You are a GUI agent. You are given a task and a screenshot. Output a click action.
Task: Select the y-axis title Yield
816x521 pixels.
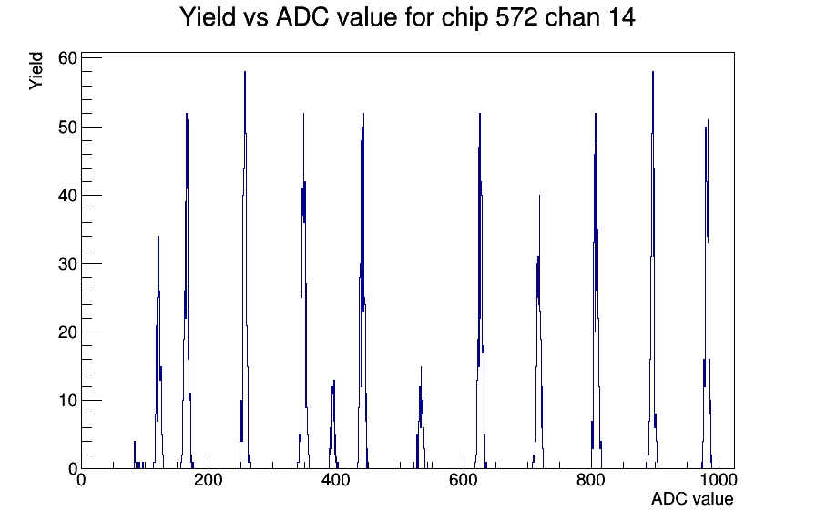pos(36,71)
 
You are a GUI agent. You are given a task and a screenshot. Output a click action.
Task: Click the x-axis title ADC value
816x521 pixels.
pos(692,498)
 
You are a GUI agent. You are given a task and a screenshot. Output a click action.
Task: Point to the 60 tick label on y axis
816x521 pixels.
pos(67,58)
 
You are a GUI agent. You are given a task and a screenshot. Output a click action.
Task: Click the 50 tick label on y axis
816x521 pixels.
pos(67,127)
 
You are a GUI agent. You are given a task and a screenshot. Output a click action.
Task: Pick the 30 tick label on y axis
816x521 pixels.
pos(67,263)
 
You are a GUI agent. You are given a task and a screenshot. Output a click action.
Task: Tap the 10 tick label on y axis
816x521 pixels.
pos(67,400)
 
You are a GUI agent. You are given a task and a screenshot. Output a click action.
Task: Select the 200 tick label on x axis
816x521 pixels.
pos(209,479)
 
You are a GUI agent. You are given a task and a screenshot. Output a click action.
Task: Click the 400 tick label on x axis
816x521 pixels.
pos(336,479)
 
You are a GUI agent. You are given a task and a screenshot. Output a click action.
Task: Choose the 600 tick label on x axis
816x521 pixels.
pos(464,479)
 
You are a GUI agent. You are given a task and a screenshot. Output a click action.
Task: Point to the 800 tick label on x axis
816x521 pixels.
pos(591,479)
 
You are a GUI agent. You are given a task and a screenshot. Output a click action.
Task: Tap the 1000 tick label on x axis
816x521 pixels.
pos(718,479)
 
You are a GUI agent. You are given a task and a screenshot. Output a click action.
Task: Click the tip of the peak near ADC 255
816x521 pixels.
pos(245,72)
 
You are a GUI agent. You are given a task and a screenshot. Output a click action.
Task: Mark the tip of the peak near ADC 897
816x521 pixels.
pos(653,72)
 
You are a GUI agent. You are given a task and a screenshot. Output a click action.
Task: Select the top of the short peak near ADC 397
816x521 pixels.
pos(334,381)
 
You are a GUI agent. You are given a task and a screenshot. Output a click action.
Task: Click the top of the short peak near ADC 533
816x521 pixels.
pos(421,367)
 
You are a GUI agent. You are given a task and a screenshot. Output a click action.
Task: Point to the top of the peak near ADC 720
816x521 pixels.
pos(540,196)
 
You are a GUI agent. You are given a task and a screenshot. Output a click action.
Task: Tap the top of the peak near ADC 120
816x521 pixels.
pos(158,237)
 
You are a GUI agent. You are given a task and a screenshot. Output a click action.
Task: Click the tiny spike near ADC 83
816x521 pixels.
pos(135,442)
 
